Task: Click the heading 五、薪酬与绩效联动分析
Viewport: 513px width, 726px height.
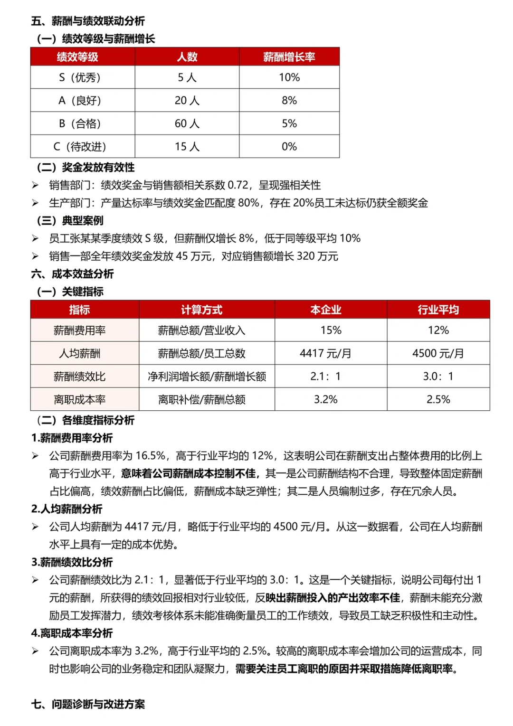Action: point(88,21)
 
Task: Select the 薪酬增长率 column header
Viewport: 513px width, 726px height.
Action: point(289,57)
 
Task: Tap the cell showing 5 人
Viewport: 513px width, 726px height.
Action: point(187,77)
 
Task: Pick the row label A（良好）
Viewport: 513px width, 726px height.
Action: point(80,101)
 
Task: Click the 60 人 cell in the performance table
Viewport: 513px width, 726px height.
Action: point(187,124)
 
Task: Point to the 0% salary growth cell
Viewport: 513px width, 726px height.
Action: point(289,147)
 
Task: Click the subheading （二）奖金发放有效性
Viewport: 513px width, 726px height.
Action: point(85,167)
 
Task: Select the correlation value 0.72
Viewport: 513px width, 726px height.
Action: point(238,185)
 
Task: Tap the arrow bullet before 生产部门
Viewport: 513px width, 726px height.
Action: point(35,203)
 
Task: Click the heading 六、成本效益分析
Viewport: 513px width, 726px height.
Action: point(73,274)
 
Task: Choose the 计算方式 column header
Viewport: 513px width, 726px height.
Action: point(201,310)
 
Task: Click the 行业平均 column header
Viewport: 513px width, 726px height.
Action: point(438,310)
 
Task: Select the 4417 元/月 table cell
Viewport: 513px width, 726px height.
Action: point(325,354)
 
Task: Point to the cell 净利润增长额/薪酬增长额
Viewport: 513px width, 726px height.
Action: point(207,377)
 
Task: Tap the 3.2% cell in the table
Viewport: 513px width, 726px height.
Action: point(325,400)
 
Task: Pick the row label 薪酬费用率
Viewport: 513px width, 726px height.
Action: point(80,330)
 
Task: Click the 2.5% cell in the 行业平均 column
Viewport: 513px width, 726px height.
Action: point(438,400)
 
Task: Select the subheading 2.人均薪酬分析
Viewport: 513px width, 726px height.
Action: point(67,509)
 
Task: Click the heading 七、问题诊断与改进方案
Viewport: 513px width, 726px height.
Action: point(88,704)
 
